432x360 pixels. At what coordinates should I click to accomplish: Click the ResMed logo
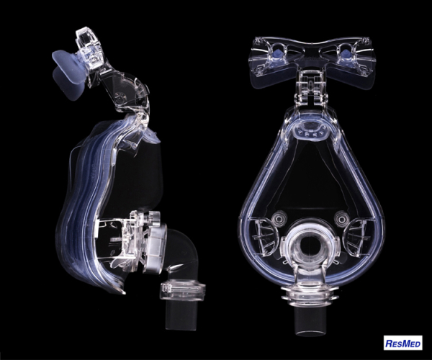(x=402, y=343)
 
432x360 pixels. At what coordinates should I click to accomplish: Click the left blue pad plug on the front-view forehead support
(x=277, y=53)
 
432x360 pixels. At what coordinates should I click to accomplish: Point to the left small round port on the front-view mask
(x=278, y=220)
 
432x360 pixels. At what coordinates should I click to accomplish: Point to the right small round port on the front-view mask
(x=341, y=220)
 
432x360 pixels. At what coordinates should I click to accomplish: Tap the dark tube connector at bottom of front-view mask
(x=309, y=320)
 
